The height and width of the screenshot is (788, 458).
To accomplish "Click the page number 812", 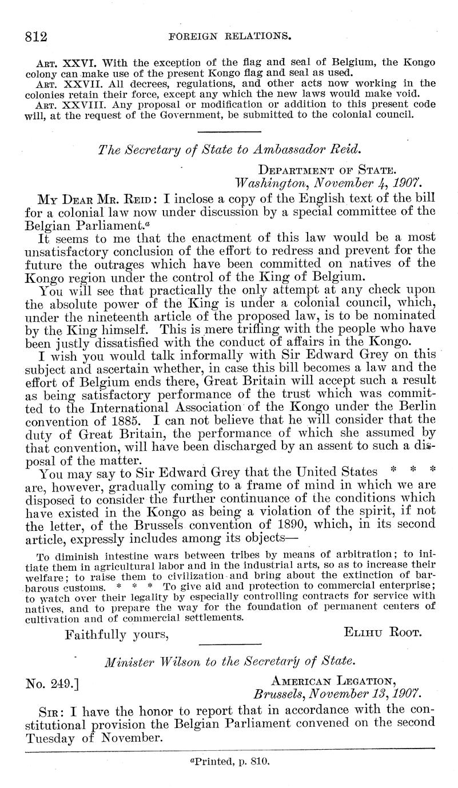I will [x=36, y=37].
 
